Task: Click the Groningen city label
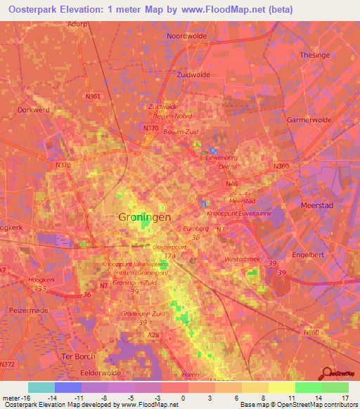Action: tap(141, 218)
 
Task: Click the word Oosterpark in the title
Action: tap(35, 10)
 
